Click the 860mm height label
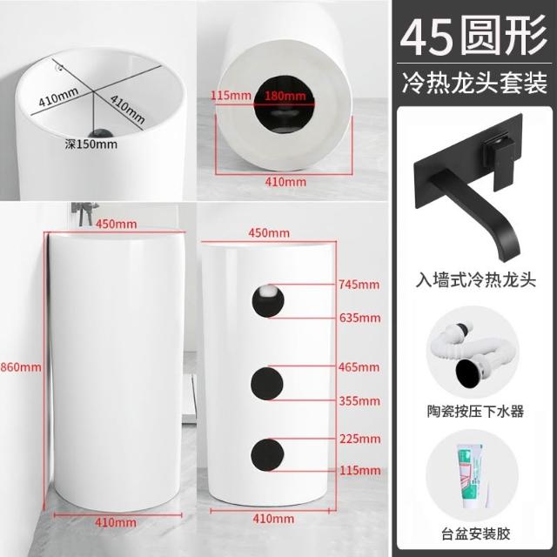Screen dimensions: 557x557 pyautogui.click(x=21, y=366)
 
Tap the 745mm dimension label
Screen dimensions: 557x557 pyautogui.click(x=359, y=285)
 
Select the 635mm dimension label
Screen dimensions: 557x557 pyautogui.click(x=359, y=318)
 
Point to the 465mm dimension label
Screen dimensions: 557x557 pyautogui.click(x=359, y=366)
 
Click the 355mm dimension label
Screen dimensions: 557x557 pyautogui.click(x=359, y=401)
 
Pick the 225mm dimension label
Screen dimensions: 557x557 pyautogui.click(x=359, y=439)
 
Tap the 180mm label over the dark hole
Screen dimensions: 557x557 pyautogui.click(x=285, y=96)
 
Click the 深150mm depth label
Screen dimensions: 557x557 pyautogui.click(x=91, y=144)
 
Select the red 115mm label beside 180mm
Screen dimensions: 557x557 pyautogui.click(x=231, y=96)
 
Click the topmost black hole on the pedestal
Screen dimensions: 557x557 pyautogui.click(x=268, y=301)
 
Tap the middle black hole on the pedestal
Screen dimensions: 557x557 pyautogui.click(x=267, y=384)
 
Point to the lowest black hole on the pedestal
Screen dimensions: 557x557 pyautogui.click(x=267, y=454)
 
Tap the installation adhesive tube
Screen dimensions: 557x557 pyautogui.click(x=471, y=475)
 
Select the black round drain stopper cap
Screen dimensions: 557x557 pyautogui.click(x=468, y=375)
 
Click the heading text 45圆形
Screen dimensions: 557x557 pyautogui.click(x=473, y=36)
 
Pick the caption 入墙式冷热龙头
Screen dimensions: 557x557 pyautogui.click(x=476, y=280)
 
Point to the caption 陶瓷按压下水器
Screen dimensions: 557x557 pyautogui.click(x=475, y=412)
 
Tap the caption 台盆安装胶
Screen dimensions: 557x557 pyautogui.click(x=476, y=534)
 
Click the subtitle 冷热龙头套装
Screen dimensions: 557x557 pyautogui.click(x=474, y=84)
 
